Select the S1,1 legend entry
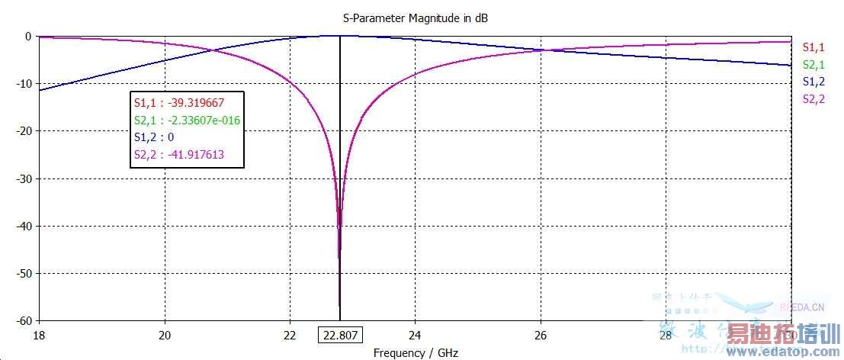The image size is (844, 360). [814, 47]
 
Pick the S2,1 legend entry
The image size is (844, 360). [814, 65]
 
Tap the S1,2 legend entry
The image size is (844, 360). [814, 82]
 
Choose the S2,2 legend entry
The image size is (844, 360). [814, 99]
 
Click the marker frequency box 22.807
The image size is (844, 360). [340, 335]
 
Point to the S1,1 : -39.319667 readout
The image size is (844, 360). [178, 102]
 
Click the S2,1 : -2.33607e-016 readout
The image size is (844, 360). [188, 120]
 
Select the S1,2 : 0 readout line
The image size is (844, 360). [156, 138]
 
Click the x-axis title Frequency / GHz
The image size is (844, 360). [416, 353]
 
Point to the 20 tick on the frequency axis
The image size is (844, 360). [164, 335]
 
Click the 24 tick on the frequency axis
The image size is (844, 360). [415, 335]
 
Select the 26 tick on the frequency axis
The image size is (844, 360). [540, 335]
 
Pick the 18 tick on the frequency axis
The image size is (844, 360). [39, 335]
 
